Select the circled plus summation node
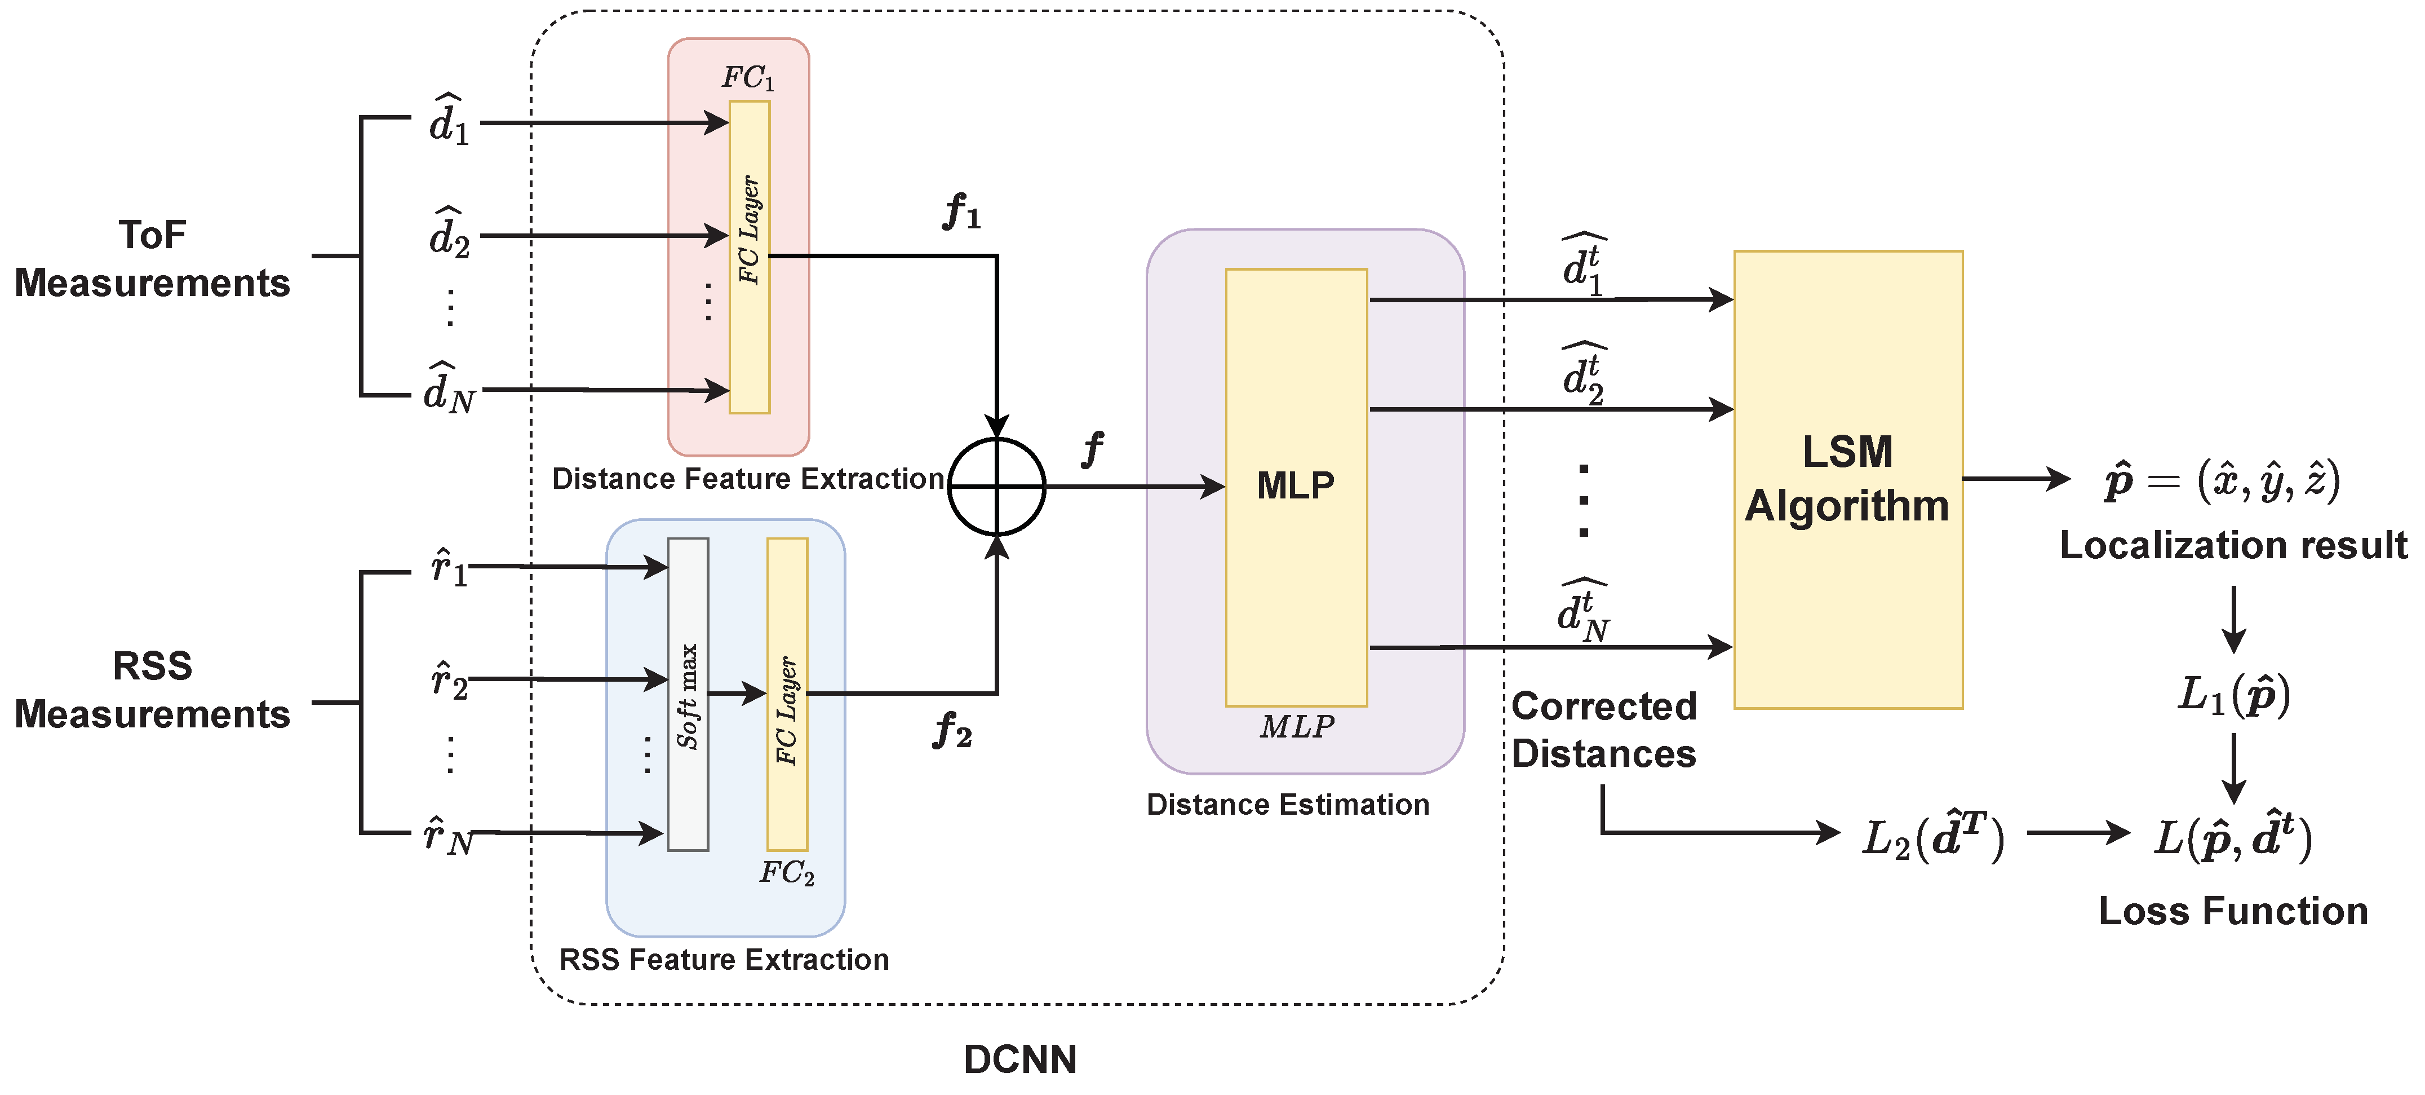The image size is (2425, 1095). [x=996, y=487]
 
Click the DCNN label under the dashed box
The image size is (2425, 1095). [x=1019, y=1059]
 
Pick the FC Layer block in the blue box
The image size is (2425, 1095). [x=787, y=694]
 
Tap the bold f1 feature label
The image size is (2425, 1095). [x=961, y=212]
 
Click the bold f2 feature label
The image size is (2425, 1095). [x=952, y=731]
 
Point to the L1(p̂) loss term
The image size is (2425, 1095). [x=2233, y=696]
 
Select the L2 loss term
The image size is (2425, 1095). [x=1932, y=835]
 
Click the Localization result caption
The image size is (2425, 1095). [x=2232, y=545]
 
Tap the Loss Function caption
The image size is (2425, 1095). [x=2232, y=911]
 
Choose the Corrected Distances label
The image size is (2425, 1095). [x=1603, y=730]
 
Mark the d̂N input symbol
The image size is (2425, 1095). [x=449, y=388]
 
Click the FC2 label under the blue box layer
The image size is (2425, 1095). [x=786, y=873]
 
